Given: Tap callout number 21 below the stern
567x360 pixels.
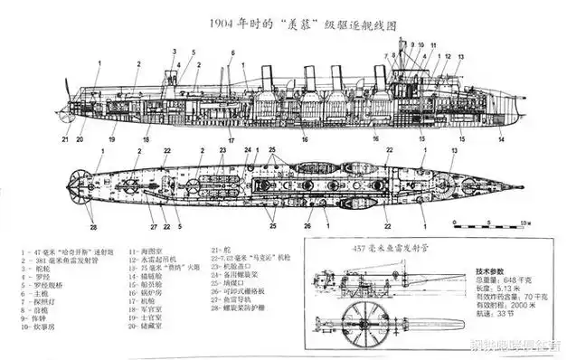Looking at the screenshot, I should coord(65,139).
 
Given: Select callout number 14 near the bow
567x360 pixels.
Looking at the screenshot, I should coord(500,139).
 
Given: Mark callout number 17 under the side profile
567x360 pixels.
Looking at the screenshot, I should coord(231,140).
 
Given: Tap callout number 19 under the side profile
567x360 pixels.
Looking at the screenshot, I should coord(112,140).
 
